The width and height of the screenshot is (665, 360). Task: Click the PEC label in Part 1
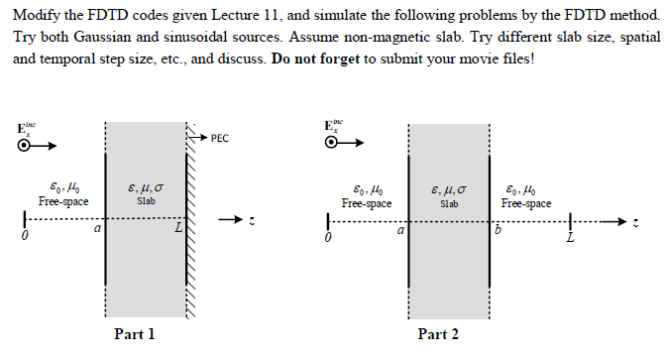[x=220, y=138]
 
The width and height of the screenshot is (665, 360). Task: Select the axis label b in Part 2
[x=499, y=230]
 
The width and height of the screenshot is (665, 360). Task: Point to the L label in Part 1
[x=178, y=230]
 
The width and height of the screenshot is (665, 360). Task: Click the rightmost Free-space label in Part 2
[x=527, y=202]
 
